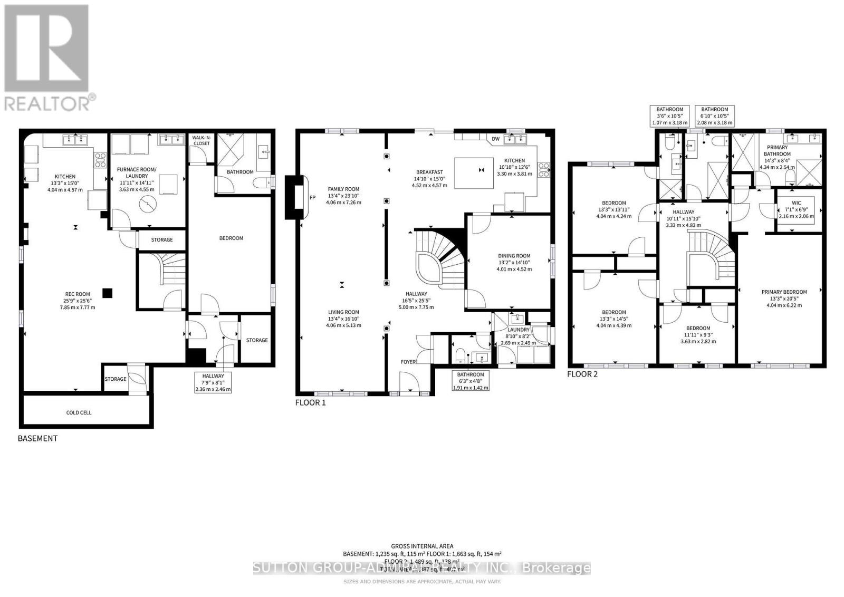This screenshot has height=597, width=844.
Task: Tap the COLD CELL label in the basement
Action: tap(79, 412)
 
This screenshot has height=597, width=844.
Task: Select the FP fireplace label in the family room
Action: tap(312, 198)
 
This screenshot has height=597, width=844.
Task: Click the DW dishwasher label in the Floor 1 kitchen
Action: tap(495, 139)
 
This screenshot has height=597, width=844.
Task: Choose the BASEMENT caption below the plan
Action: tap(37, 438)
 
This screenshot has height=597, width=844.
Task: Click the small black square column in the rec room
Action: tap(108, 293)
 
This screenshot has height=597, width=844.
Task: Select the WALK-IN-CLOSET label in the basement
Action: tap(201, 140)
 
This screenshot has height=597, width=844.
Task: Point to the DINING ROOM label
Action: tap(514, 256)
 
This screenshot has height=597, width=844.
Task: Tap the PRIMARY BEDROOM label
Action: tap(784, 292)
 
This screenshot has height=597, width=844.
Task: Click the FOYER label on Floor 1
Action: tap(408, 362)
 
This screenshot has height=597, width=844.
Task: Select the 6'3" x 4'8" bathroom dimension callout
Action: tap(471, 381)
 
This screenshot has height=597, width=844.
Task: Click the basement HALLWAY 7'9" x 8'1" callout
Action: tap(213, 382)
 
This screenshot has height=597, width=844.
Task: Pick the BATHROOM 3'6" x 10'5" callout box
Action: tap(670, 116)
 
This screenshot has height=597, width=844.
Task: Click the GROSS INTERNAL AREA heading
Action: tap(422, 546)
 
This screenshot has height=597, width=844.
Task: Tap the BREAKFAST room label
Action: tap(429, 172)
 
